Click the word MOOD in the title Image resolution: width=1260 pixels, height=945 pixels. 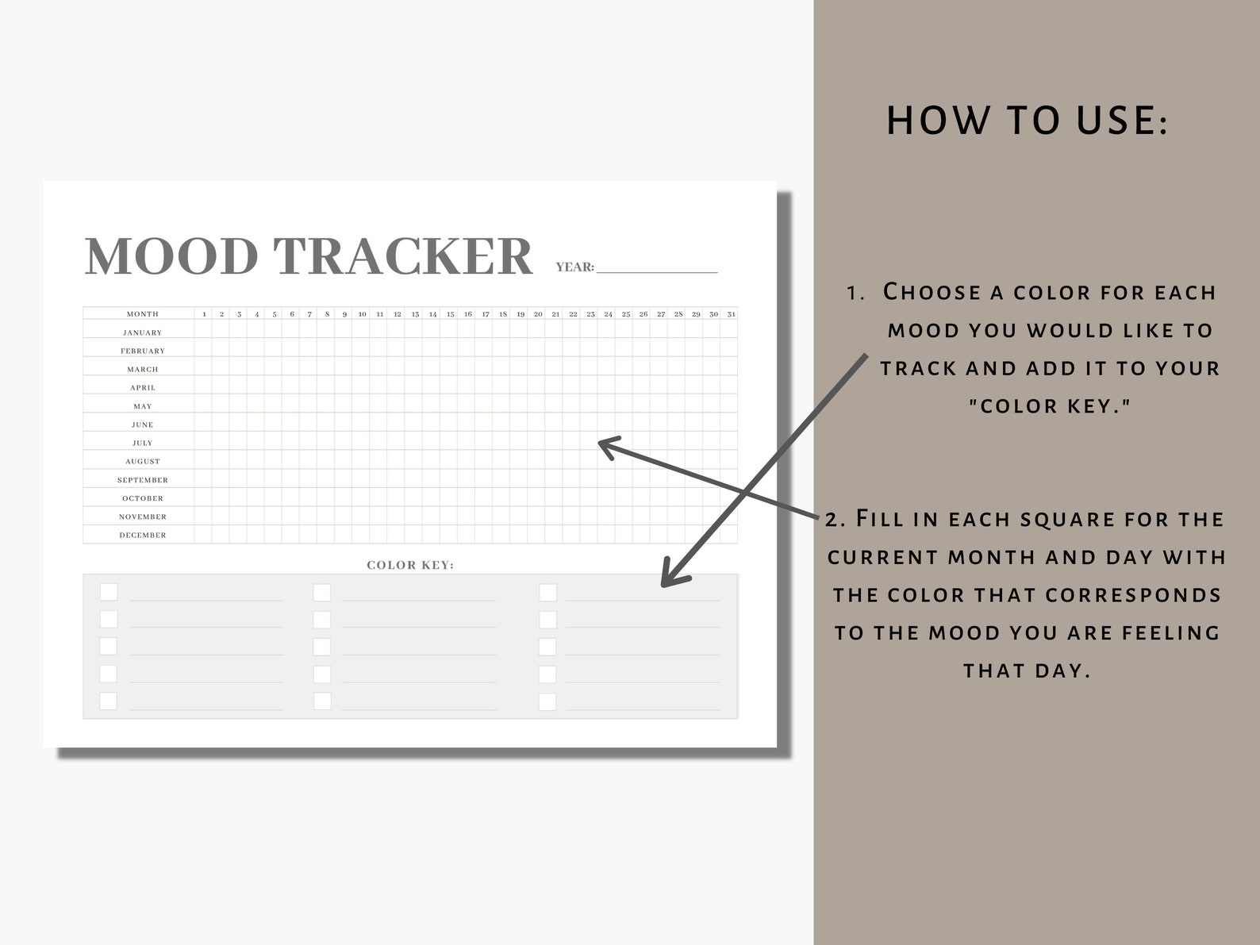pos(171,256)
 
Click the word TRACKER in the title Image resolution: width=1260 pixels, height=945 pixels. pos(403,256)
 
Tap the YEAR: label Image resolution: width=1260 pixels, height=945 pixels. pos(574,267)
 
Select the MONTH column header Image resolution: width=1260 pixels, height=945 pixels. pos(143,314)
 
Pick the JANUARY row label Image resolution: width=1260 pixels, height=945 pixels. pos(143,332)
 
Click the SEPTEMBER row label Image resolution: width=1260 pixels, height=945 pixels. pos(143,480)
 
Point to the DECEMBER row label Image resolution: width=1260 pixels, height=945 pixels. pos(143,536)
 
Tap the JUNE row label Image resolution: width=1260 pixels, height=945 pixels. pos(143,424)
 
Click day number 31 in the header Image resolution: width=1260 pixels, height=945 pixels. pos(731,314)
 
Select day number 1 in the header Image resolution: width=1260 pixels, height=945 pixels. pos(204,314)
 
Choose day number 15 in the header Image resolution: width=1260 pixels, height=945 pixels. pos(450,314)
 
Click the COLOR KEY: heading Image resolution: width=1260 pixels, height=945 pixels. pos(410,565)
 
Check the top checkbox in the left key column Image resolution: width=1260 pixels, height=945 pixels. pos(109,592)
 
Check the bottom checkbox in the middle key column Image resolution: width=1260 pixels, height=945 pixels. pos(322,701)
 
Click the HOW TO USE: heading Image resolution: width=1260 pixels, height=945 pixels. pos(1027,121)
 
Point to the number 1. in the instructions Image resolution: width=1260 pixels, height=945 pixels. pos(855,293)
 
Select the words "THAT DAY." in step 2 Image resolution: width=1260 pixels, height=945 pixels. pos(1027,671)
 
